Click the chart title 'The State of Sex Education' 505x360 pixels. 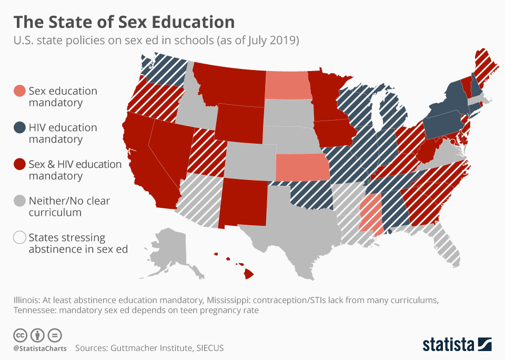[124, 22]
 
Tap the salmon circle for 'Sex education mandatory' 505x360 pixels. [19, 91]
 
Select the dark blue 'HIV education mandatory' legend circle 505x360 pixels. [19, 127]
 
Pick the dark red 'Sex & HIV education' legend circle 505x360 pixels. [19, 164]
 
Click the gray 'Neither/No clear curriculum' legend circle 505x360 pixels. [19, 201]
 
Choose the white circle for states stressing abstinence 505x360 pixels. [19, 237]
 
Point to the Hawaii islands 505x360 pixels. [248, 273]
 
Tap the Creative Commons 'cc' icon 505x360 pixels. [20, 335]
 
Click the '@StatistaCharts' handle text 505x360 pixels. [39, 348]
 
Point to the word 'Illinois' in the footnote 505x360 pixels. [27, 300]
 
